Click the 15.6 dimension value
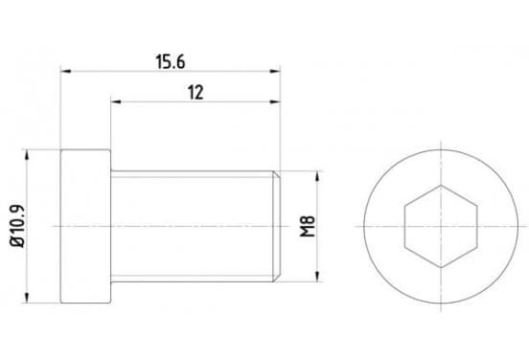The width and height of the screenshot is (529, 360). click(x=171, y=62)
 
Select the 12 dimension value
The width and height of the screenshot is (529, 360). click(x=195, y=93)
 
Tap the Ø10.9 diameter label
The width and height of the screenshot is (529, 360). click(x=17, y=226)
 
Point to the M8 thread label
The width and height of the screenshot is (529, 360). click(x=308, y=226)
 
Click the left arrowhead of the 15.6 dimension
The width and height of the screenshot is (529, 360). click(x=66, y=71)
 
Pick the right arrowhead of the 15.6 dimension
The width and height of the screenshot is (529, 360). click(x=275, y=71)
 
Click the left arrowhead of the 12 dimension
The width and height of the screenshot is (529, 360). click(x=116, y=101)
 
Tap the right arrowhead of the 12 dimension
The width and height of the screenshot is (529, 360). click(x=275, y=101)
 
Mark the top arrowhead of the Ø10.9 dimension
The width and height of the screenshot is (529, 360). click(x=27, y=155)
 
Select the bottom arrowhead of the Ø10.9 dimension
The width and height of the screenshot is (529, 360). click(x=27, y=298)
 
